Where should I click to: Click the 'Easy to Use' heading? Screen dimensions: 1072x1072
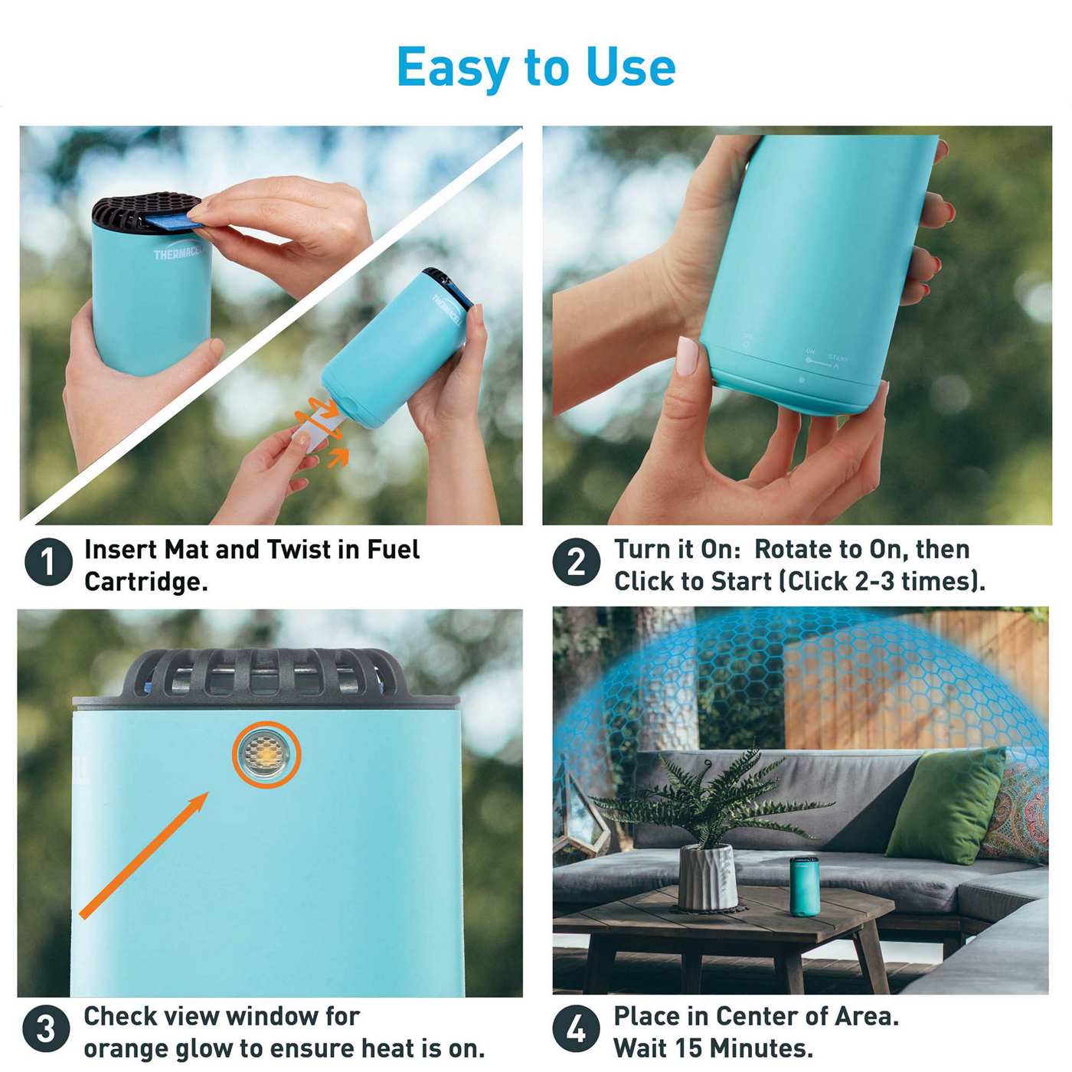click(536, 67)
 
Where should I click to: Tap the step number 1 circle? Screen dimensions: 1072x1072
click(47, 563)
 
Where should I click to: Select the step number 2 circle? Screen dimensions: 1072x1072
click(576, 563)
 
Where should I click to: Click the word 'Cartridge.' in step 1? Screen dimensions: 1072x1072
click(145, 582)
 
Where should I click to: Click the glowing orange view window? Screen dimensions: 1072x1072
click(266, 754)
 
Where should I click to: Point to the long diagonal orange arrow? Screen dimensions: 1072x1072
click(144, 855)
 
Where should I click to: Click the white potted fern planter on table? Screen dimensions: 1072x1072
click(708, 877)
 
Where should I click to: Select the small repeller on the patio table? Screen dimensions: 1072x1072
click(804, 886)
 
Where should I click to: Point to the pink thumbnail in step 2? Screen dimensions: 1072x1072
click(687, 356)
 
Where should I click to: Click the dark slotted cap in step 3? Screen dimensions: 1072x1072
click(264, 672)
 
